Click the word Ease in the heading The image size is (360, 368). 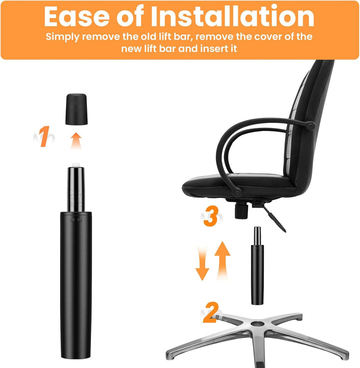click(x=76, y=16)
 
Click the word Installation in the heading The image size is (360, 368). click(x=232, y=16)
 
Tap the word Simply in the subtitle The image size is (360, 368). click(x=62, y=37)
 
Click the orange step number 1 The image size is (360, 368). click(x=44, y=136)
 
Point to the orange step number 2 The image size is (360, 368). click(x=211, y=312)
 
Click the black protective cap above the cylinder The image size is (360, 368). click(x=76, y=109)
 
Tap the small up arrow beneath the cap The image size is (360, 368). click(x=76, y=140)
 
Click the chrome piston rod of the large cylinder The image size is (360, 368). click(x=76, y=189)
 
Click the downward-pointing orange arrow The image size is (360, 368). click(x=202, y=263)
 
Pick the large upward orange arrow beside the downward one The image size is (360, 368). click(x=222, y=260)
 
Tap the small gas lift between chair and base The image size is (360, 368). click(x=257, y=265)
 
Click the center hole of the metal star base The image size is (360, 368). click(x=257, y=324)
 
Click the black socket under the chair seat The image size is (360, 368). click(x=241, y=211)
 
